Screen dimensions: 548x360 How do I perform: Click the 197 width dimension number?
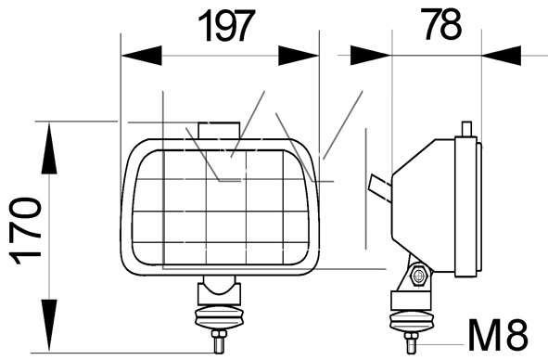pyautogui.click(x=224, y=26)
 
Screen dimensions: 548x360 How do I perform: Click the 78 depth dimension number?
pyautogui.click(x=441, y=23)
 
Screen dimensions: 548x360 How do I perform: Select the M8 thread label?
pyautogui.click(x=498, y=334)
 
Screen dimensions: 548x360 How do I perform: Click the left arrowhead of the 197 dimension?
pyautogui.click(x=141, y=56)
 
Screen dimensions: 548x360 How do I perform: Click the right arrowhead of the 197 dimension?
pyautogui.click(x=299, y=56)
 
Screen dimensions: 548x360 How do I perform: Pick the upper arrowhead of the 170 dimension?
pyautogui.click(x=49, y=148)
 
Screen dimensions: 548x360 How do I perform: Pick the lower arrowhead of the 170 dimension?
pyautogui.click(x=49, y=326)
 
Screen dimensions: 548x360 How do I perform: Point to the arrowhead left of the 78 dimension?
pyautogui.click(x=371, y=55)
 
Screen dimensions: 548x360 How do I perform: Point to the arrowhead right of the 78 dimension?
pyautogui.click(x=501, y=56)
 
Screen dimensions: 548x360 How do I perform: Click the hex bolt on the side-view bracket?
pyautogui.click(x=418, y=276)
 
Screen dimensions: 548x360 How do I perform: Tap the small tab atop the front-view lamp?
pyautogui.click(x=219, y=131)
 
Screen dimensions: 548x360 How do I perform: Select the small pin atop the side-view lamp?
pyautogui.click(x=466, y=129)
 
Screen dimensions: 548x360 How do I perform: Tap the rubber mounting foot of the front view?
pyautogui.click(x=219, y=317)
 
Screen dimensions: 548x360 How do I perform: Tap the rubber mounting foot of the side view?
pyautogui.click(x=412, y=321)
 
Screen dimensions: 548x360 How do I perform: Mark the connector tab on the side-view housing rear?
pyautogui.click(x=380, y=188)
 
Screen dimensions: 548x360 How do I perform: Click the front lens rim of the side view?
pyautogui.click(x=466, y=206)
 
